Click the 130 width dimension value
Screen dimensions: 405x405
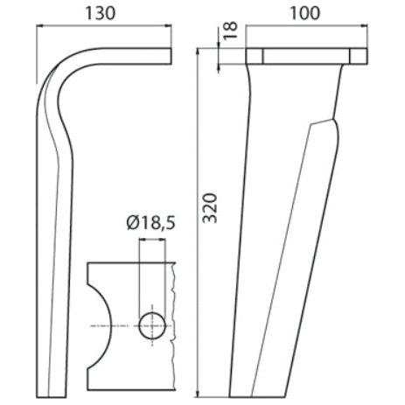103,13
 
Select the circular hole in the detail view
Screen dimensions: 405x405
154,325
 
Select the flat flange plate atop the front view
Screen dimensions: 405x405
304,58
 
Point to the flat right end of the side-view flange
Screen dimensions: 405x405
170,58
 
